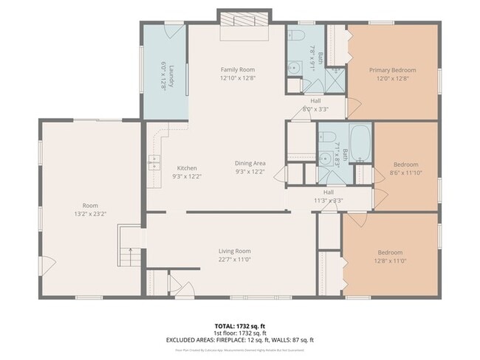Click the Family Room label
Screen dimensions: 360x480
(x=237, y=70)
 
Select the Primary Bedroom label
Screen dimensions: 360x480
(x=392, y=70)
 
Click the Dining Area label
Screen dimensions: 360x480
(x=250, y=163)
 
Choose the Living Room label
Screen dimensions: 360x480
(x=234, y=251)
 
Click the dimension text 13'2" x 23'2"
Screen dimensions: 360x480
(x=90, y=214)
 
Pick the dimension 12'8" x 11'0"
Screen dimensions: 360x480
(x=390, y=260)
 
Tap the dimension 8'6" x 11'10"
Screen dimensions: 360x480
(x=405, y=173)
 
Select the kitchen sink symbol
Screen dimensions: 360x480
(x=155, y=162)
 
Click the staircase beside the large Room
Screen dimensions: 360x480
(x=128, y=247)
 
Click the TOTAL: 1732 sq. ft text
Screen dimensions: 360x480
(x=239, y=325)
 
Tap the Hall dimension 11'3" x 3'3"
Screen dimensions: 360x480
(x=329, y=200)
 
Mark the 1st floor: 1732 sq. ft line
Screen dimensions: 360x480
(x=239, y=333)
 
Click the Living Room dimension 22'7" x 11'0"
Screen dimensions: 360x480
(x=234, y=259)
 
